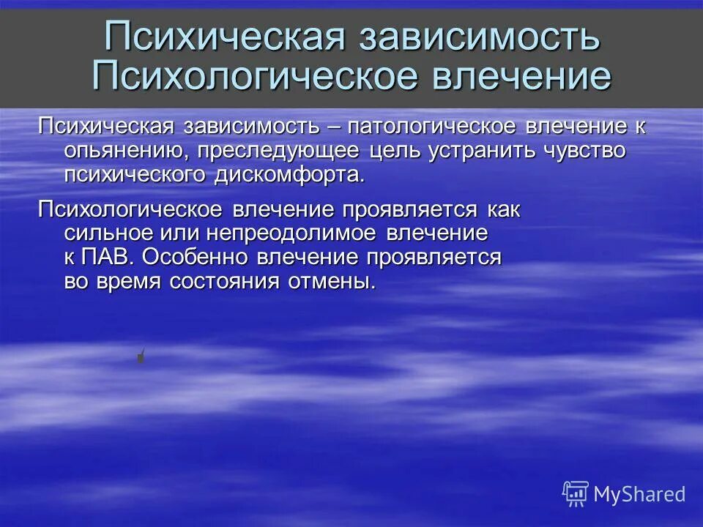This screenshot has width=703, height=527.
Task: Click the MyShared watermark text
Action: coord(639,494)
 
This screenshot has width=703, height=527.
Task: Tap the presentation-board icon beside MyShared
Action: coord(576,494)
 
